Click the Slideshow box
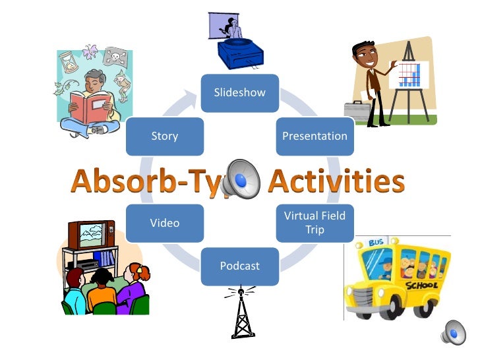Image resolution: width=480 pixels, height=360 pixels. [x=239, y=93]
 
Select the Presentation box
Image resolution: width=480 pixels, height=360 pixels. [x=315, y=136]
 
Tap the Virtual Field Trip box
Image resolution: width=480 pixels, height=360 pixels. [x=315, y=223]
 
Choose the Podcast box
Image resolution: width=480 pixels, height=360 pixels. [x=239, y=266]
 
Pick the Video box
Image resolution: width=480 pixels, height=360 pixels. [x=164, y=223]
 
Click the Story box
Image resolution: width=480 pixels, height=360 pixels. [x=164, y=136]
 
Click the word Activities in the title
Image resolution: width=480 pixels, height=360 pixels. [x=337, y=181]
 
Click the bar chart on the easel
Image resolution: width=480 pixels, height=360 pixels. [x=409, y=74]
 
